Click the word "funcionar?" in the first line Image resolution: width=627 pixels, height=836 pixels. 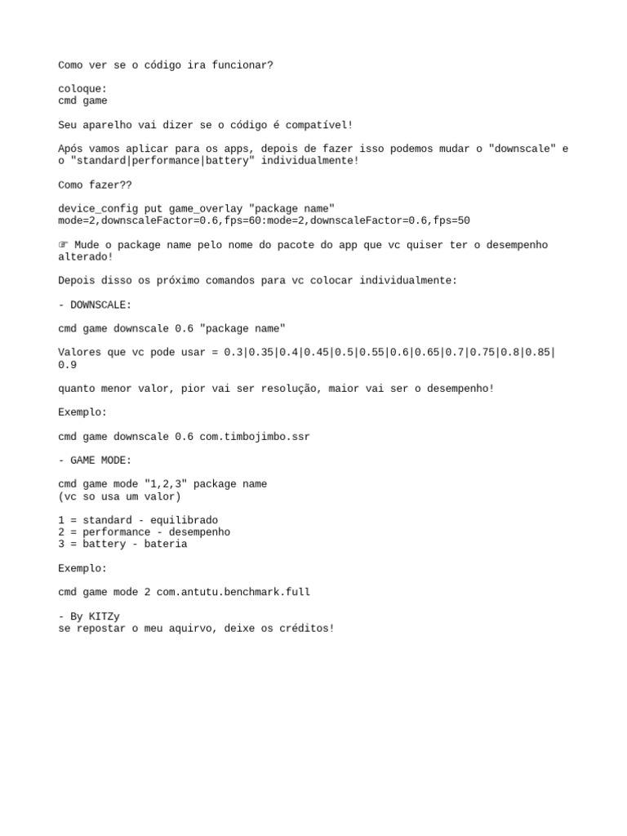pos(242,64)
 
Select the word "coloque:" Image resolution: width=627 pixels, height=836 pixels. pos(82,89)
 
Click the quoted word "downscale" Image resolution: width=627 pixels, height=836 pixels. pos(522,149)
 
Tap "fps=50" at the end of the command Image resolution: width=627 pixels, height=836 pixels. pos(451,220)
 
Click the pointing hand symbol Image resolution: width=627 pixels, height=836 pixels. pos(64,245)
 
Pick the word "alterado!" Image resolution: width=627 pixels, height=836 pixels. pos(86,256)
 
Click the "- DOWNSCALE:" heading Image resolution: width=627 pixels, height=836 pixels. pos(95,305)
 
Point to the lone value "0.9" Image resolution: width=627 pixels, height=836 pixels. pos(68,365)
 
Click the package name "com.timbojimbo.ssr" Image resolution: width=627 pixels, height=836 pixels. pos(255,437)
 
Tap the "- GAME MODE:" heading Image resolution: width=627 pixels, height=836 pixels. pos(95,460)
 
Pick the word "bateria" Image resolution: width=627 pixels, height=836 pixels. pos(166,544)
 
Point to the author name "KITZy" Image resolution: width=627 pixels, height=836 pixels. pos(104,616)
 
